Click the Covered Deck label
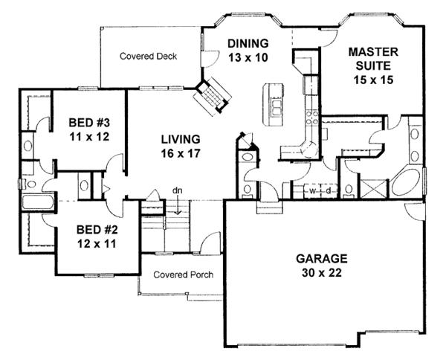pos(148,57)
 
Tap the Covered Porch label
pos(183,274)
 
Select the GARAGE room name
pos(322,259)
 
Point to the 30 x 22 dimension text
pos(322,273)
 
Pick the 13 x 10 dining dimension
pos(248,58)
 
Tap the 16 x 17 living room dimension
pos(181,154)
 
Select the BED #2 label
pos(97,229)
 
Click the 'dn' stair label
pos(178,190)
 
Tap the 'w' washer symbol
pos(313,191)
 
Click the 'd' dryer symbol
pos(329,191)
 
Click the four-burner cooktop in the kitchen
pos(312,118)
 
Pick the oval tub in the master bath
pos(406,182)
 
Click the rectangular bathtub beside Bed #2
pos(38,202)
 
